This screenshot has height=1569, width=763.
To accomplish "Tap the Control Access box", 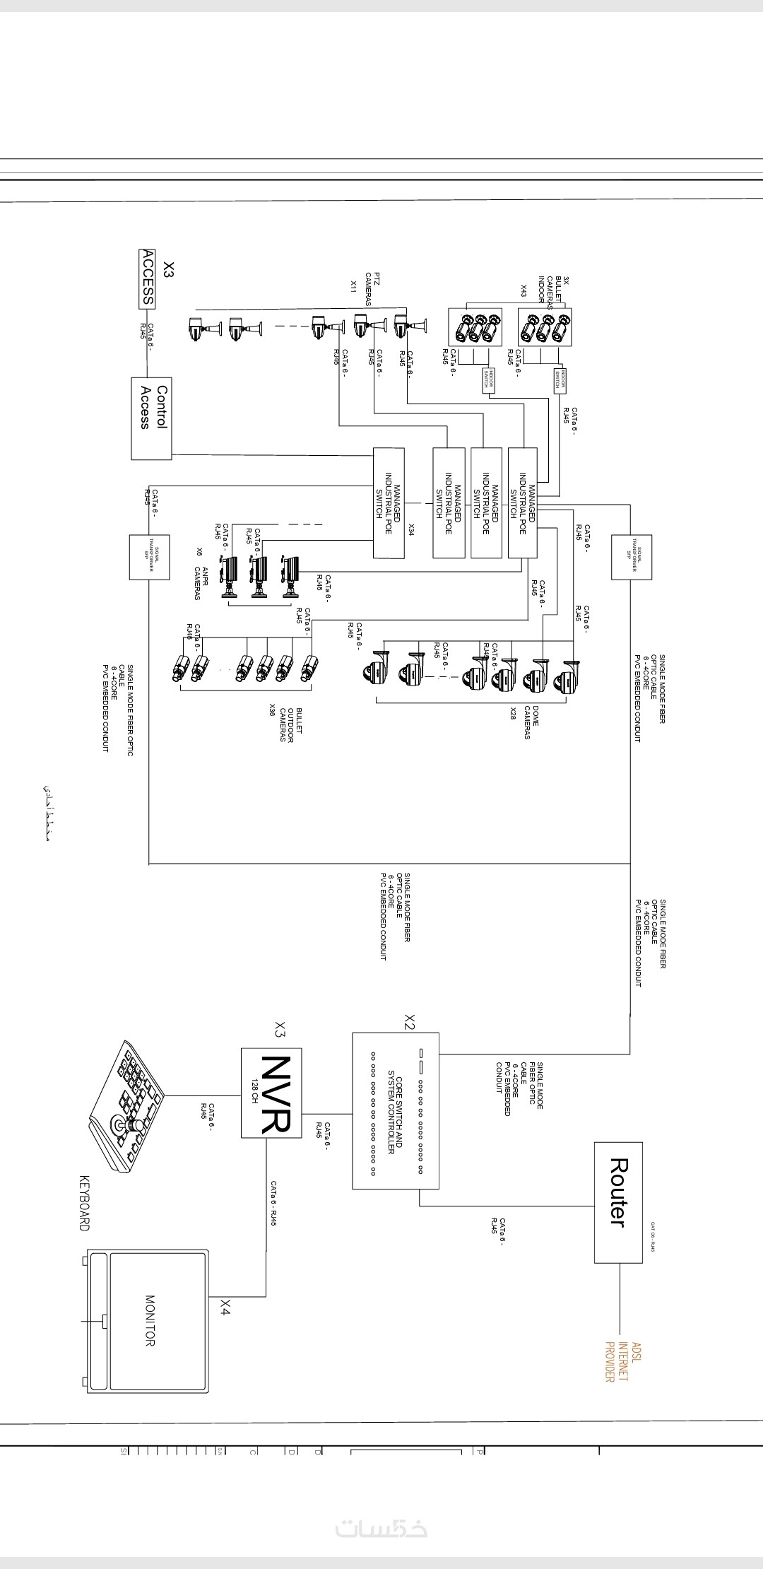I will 152,418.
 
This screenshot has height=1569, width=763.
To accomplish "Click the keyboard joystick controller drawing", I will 127,1106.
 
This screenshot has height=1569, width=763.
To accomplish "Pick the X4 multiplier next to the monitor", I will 225,1307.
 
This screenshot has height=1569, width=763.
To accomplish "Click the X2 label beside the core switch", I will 409,1021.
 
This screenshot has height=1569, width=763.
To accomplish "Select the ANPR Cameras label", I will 201,583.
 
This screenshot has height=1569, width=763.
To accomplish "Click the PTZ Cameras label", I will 372,288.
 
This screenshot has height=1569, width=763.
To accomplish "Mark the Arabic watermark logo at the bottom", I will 381,1529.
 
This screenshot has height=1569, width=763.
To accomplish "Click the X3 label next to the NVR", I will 280,1029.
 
